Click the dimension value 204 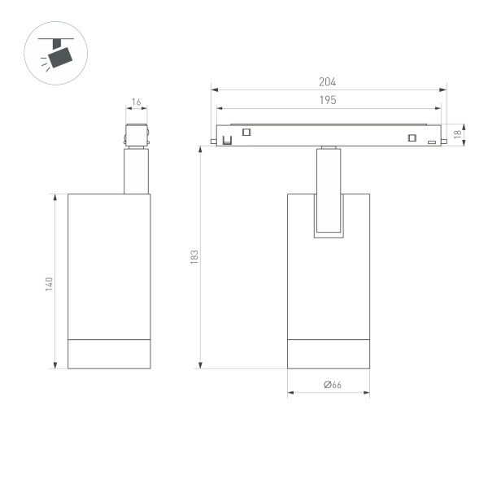tap(329, 82)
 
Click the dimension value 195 tap(329, 99)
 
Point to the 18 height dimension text tap(458, 133)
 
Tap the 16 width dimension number tap(136, 102)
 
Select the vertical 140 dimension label tap(49, 284)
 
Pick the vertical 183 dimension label tap(194, 256)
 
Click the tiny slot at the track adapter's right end tap(432, 142)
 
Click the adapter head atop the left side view tap(137, 135)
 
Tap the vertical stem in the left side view tap(137, 171)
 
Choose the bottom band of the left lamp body tap(109, 352)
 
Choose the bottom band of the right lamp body tap(329, 352)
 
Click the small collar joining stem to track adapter tap(328, 148)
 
